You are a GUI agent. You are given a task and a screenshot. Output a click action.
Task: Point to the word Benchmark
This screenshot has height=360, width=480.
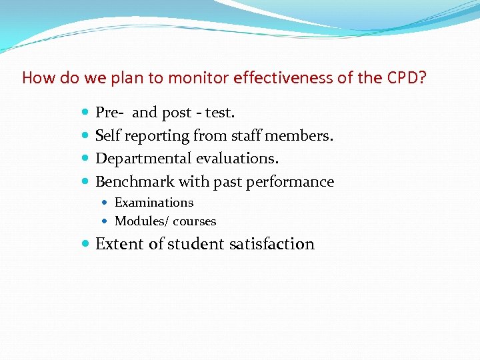135,181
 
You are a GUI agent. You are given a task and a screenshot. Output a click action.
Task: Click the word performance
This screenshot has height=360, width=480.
290,181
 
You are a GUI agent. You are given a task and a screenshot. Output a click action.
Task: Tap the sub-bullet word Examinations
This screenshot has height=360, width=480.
154,203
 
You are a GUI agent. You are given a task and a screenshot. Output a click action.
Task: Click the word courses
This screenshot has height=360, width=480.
195,221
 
